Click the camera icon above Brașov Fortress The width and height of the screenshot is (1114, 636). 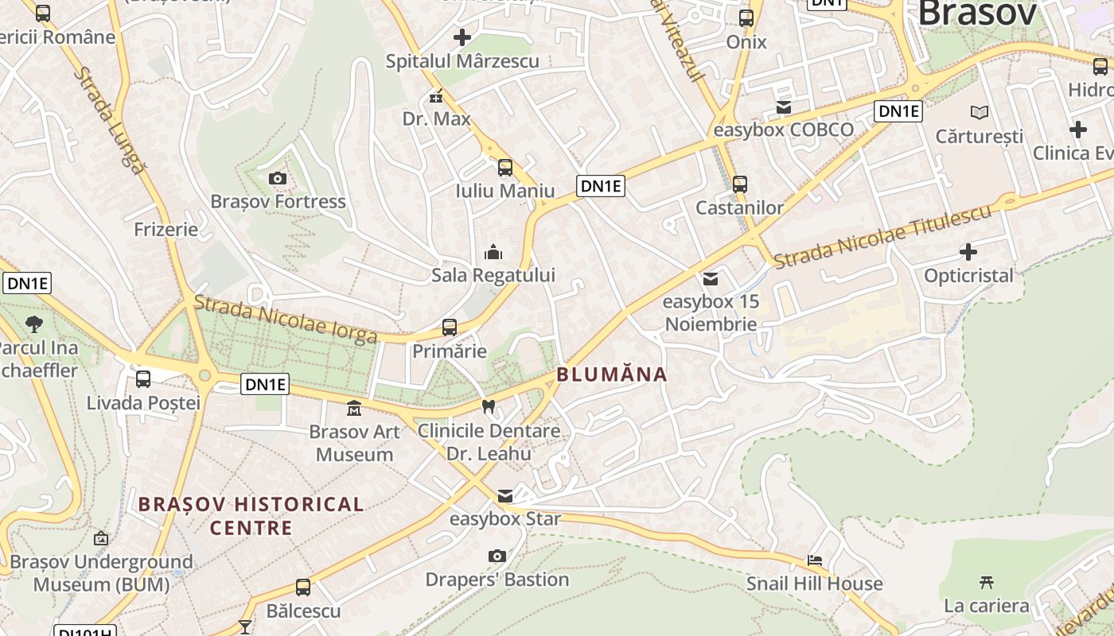point(278,178)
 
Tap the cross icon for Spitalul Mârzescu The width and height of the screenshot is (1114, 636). point(462,37)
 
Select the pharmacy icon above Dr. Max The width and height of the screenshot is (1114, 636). point(436,96)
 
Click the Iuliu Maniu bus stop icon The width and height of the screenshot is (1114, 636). point(504,167)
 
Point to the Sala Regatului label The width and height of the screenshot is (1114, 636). point(493,275)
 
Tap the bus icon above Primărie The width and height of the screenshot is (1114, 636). point(450,328)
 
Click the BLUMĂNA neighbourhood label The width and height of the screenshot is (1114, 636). point(611,374)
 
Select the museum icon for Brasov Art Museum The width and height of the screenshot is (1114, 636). point(354,409)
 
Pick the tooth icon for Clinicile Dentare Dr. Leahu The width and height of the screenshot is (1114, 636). point(489,406)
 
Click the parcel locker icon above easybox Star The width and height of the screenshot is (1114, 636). point(504,496)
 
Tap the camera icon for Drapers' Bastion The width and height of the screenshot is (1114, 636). point(497,556)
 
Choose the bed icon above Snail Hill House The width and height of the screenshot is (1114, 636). point(814,560)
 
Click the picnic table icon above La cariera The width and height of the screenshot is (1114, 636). point(987,582)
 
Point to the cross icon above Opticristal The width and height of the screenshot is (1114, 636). point(968,252)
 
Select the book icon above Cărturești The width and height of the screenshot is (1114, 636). point(980,112)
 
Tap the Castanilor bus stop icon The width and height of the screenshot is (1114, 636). point(740,184)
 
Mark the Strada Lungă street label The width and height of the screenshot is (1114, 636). point(111,119)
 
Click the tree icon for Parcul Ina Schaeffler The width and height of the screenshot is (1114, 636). point(34,324)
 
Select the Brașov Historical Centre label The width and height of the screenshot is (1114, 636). point(251,515)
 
